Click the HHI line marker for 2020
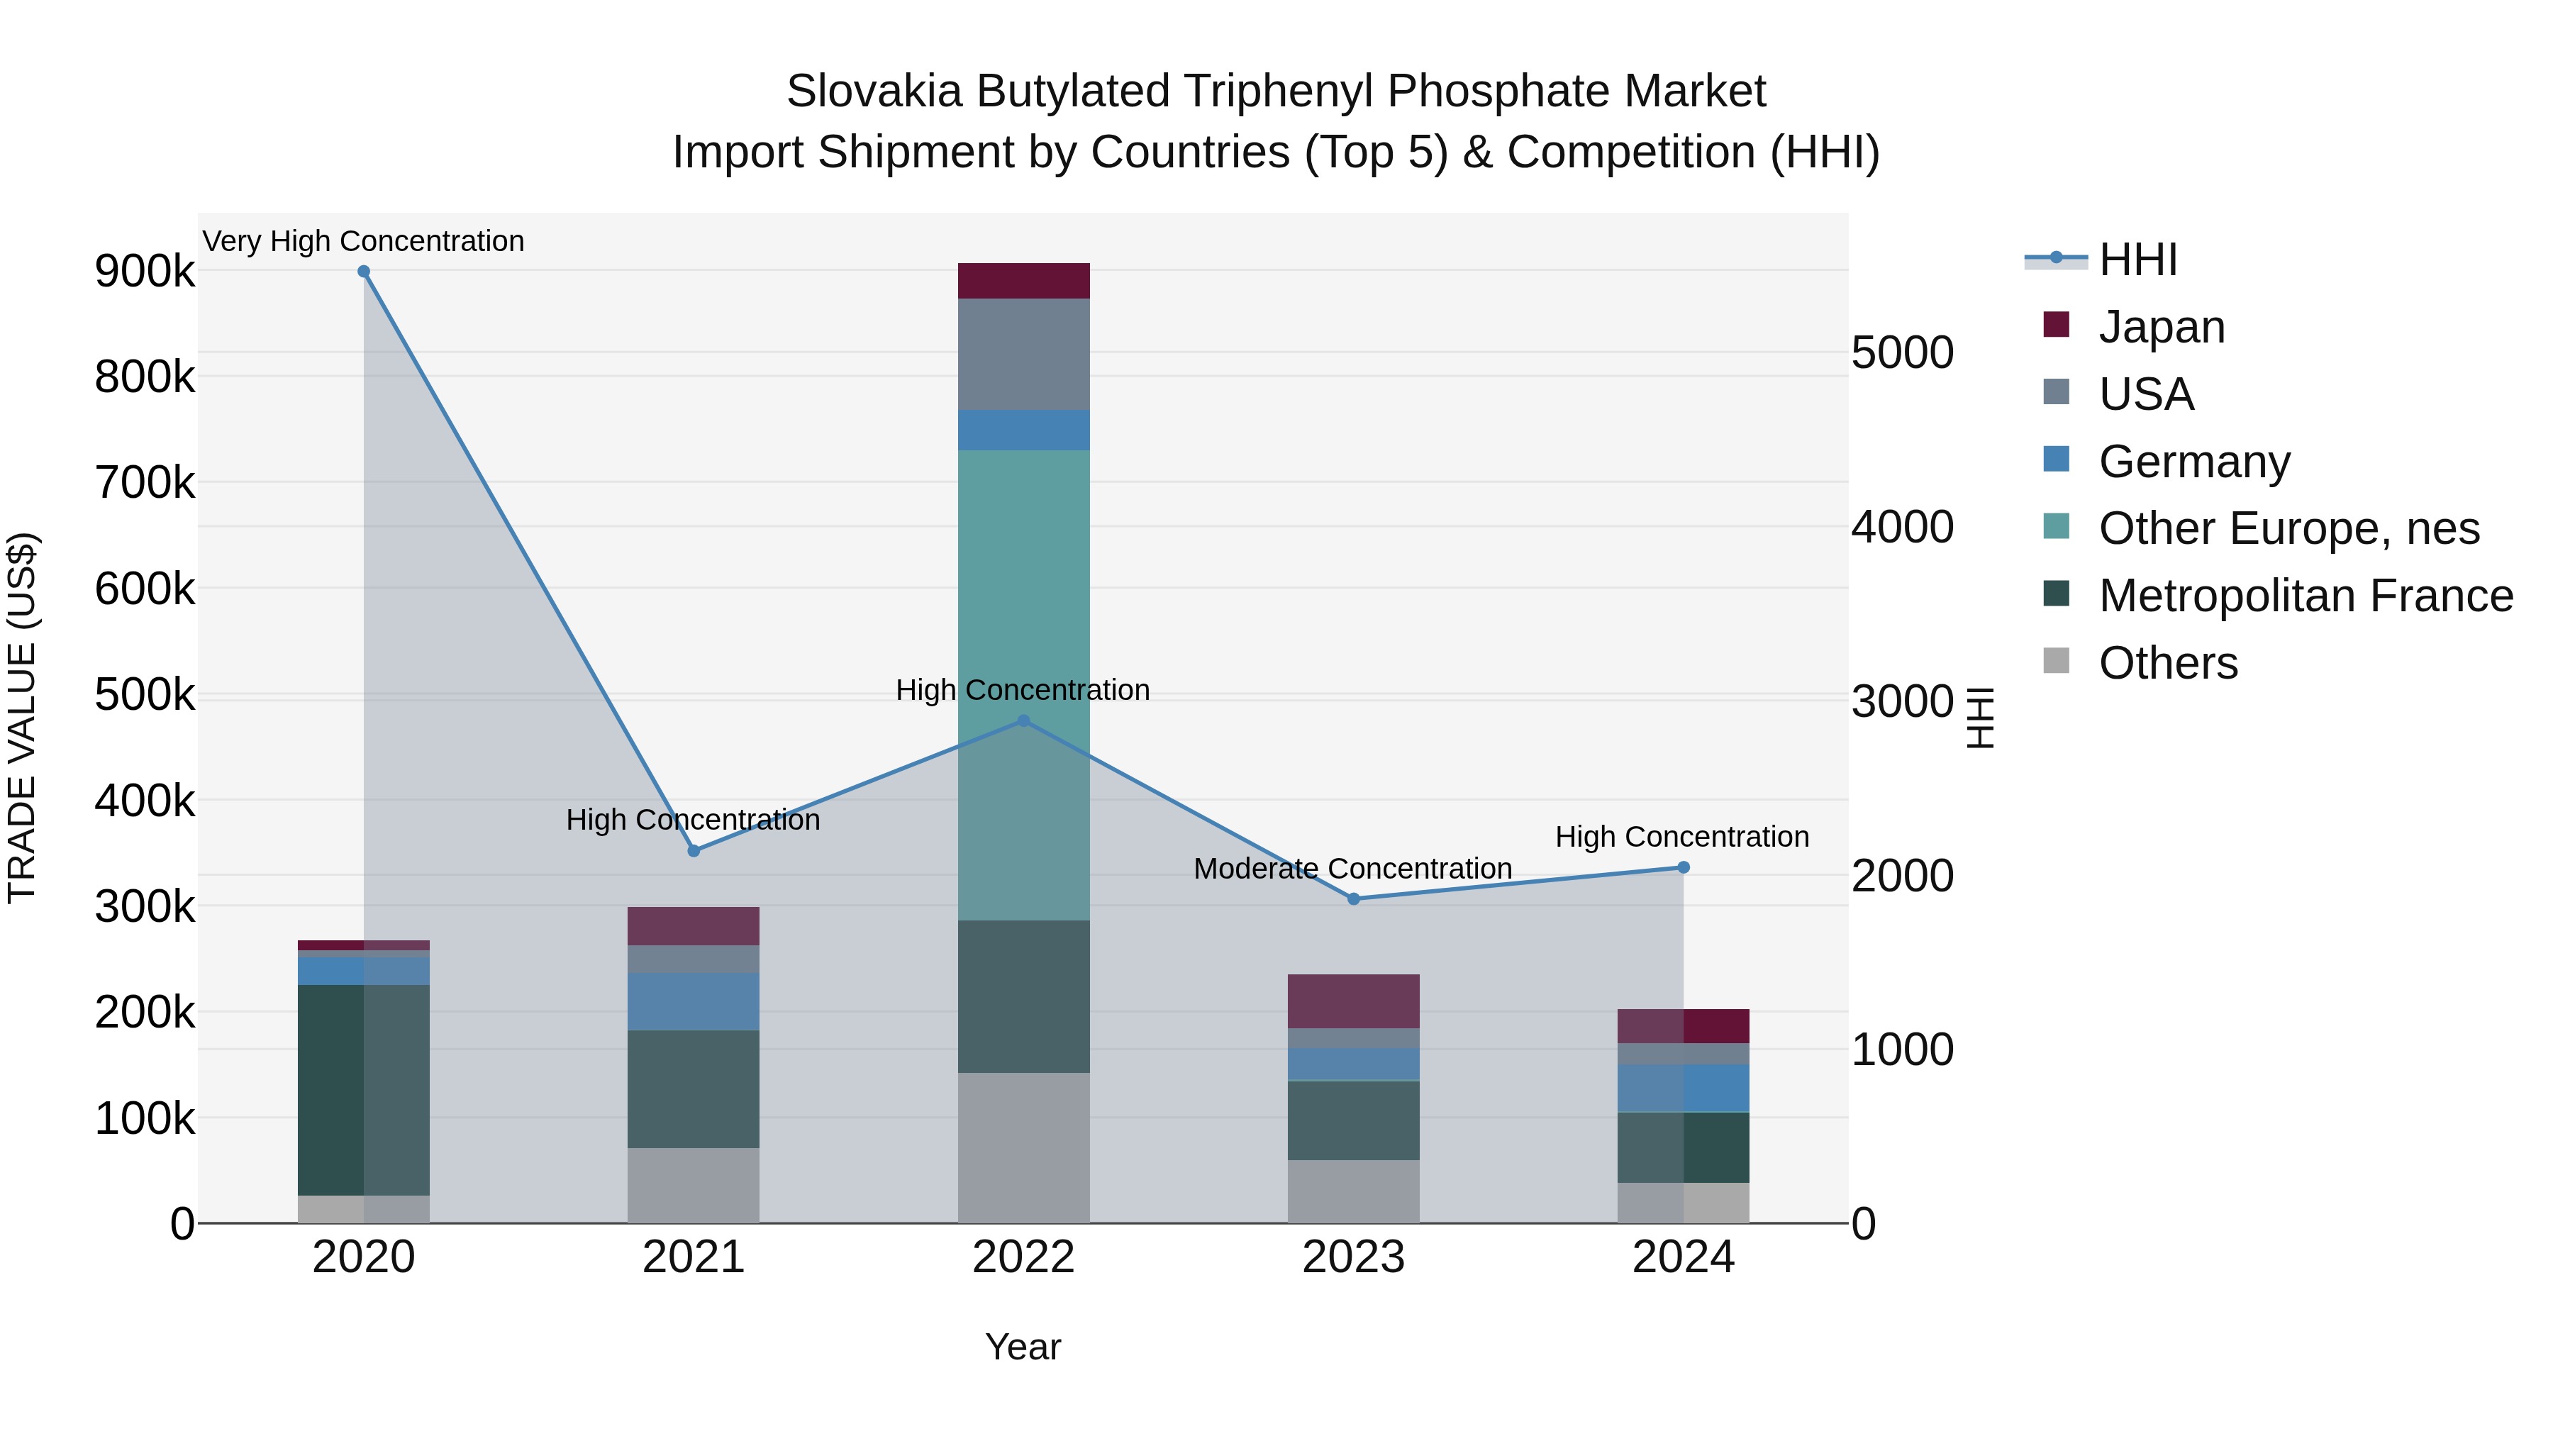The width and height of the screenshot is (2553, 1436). click(364, 272)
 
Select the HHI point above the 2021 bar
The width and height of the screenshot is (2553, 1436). click(694, 851)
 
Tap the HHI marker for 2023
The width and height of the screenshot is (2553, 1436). click(1354, 899)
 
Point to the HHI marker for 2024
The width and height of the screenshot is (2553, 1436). click(1683, 868)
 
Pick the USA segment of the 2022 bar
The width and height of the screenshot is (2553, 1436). click(1024, 354)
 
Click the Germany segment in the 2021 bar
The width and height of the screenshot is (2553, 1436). click(694, 1001)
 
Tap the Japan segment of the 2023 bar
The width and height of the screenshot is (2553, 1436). click(1354, 1001)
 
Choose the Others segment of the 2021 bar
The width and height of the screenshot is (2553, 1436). click(694, 1185)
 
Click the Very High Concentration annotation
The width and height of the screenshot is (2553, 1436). click(364, 242)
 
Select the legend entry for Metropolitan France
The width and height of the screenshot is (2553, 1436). click(2306, 596)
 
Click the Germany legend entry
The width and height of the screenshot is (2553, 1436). click(2194, 462)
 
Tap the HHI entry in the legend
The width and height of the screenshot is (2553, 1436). click(2137, 260)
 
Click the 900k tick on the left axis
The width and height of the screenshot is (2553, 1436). click(145, 272)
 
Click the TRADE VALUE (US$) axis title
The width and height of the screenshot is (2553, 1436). click(22, 718)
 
